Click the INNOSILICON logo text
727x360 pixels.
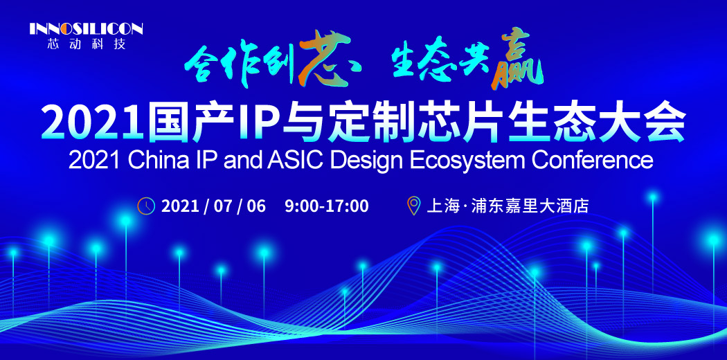pyautogui.click(x=86, y=29)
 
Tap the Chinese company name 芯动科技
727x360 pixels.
pyautogui.click(x=86, y=44)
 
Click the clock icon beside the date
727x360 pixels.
pyautogui.click(x=146, y=206)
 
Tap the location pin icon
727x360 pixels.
pyautogui.click(x=413, y=206)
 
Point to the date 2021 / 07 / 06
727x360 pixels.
pyautogui.click(x=213, y=206)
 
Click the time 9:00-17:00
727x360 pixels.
pyautogui.click(x=326, y=206)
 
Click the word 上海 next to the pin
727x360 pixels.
pyautogui.click(x=443, y=206)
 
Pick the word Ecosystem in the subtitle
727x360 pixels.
pyautogui.click(x=467, y=160)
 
